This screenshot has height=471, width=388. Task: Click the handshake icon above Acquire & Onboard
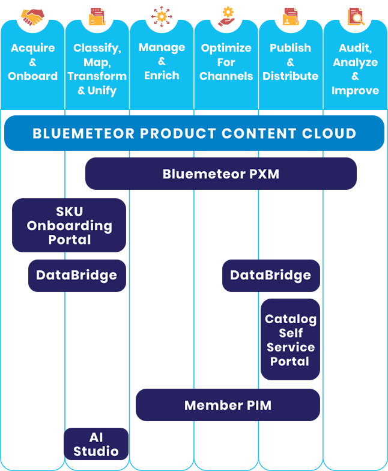click(32, 16)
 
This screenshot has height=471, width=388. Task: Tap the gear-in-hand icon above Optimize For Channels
click(226, 16)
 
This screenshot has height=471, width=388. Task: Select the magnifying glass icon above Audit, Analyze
click(355, 17)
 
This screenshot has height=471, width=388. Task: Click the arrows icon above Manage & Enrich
click(162, 16)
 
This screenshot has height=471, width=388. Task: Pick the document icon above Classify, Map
click(97, 16)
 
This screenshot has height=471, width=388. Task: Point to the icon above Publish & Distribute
click(291, 16)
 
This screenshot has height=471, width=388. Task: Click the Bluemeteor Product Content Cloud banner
click(194, 133)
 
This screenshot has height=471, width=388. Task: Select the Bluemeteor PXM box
click(220, 174)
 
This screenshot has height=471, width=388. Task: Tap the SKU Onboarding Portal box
click(69, 225)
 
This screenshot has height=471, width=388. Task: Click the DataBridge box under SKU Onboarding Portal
click(77, 276)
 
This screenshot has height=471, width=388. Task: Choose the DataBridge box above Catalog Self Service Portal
click(271, 276)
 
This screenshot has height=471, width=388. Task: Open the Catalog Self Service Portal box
click(290, 339)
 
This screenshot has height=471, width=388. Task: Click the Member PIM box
click(228, 405)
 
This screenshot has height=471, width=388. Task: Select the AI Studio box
click(96, 444)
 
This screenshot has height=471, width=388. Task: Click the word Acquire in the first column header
click(32, 48)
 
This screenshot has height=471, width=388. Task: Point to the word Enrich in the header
click(162, 76)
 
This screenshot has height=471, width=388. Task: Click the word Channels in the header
click(226, 76)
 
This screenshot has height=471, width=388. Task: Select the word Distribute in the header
click(291, 76)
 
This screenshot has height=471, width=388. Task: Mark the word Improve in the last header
click(355, 91)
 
